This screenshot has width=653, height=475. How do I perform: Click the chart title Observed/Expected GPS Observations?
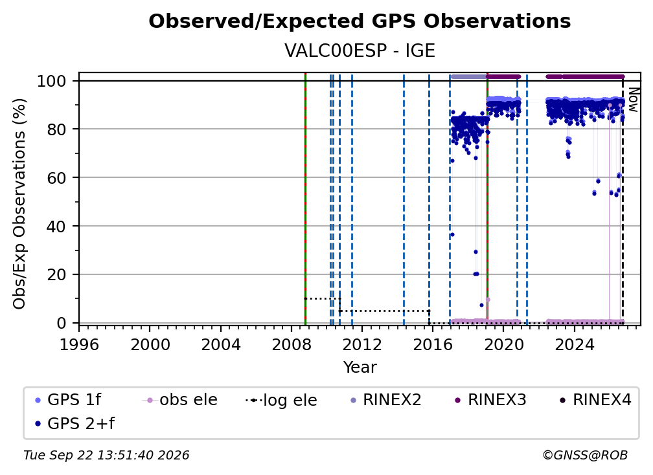click(x=360, y=21)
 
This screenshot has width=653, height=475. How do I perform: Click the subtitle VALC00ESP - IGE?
click(x=360, y=51)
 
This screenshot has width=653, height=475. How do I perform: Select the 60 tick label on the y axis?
click(x=56, y=177)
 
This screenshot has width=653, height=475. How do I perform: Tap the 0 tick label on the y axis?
click(x=62, y=323)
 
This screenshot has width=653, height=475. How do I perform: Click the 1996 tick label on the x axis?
click(x=79, y=345)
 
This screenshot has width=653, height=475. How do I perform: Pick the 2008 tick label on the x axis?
click(x=292, y=345)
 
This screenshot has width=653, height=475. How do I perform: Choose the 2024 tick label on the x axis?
click(x=574, y=345)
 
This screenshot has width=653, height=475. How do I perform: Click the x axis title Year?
click(x=360, y=368)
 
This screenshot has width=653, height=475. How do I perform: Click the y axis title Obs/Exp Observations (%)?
click(x=19, y=204)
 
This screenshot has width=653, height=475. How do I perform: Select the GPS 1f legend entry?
click(x=68, y=400)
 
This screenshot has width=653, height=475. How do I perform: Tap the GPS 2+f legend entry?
click(x=75, y=423)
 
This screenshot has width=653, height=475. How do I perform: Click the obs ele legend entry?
click(x=180, y=400)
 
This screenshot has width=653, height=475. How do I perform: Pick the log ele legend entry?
click(x=282, y=400)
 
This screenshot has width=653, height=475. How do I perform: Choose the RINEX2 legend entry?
click(x=386, y=400)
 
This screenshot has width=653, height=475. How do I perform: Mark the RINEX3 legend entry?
click(x=491, y=400)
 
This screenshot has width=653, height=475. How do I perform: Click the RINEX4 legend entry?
click(x=596, y=400)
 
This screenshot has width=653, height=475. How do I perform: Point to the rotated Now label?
click(x=632, y=100)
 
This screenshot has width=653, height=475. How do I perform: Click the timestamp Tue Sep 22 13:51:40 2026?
click(x=106, y=456)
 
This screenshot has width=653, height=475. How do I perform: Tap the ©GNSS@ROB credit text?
click(x=585, y=456)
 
